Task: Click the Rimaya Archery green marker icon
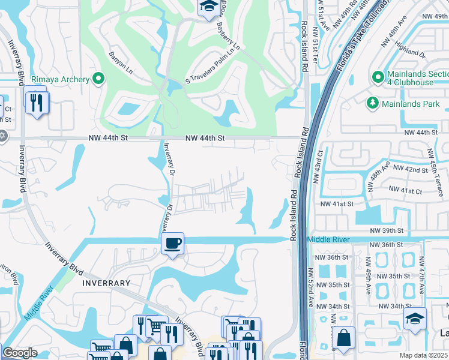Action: point(99,79)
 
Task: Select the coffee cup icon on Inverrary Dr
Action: point(173,243)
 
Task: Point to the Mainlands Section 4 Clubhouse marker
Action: point(378,77)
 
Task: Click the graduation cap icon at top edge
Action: point(208,7)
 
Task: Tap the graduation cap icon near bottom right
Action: point(415,318)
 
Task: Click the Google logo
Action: point(20,353)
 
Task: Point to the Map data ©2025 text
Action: point(424,355)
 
